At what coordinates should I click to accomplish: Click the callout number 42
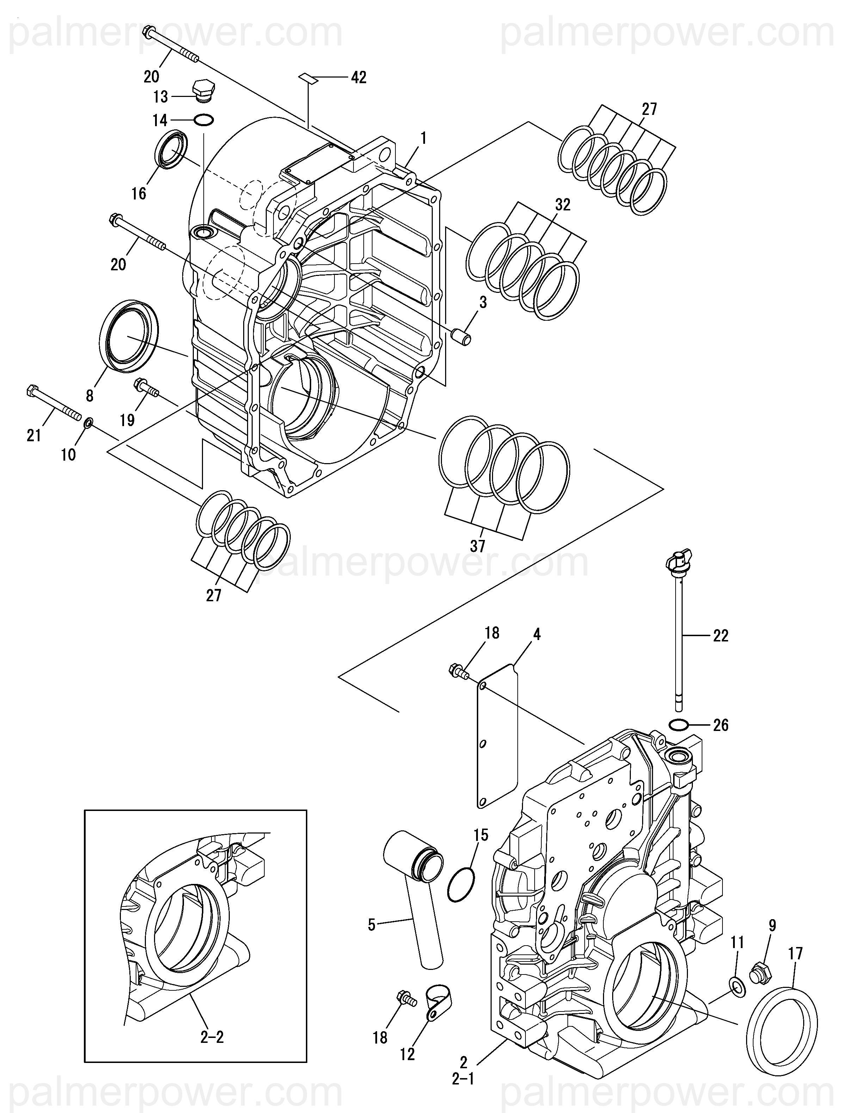[x=358, y=78]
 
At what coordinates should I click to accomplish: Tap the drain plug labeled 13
[x=202, y=92]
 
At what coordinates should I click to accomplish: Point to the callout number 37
[x=477, y=546]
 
